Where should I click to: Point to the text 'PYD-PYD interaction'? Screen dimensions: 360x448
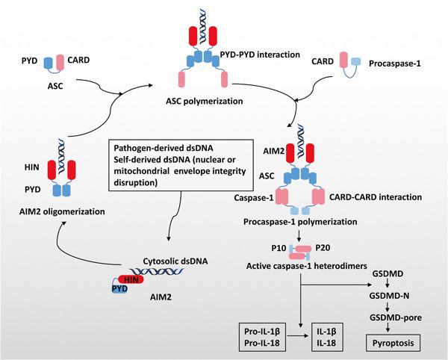tap(259, 53)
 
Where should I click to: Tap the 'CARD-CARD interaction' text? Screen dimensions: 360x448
tap(376, 197)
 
